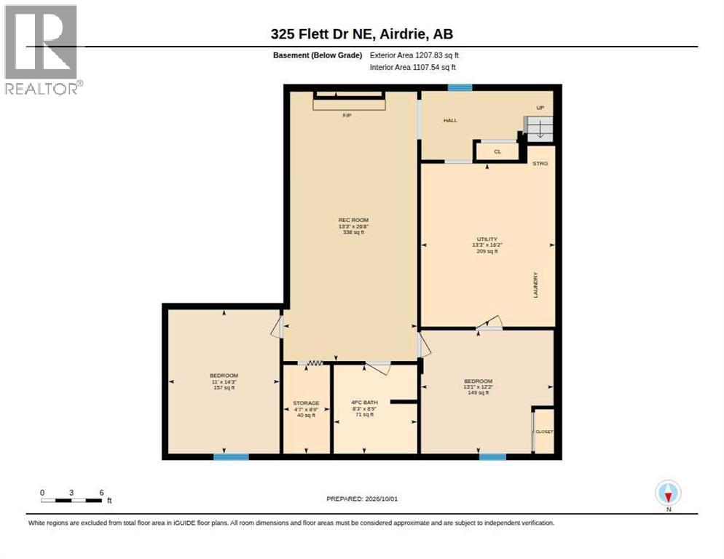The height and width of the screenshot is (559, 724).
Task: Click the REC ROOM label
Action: [x=353, y=221]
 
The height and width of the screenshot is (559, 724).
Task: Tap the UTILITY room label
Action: [x=487, y=239]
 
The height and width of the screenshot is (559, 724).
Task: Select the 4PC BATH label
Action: [x=364, y=403]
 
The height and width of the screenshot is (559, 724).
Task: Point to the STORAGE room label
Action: [x=306, y=403]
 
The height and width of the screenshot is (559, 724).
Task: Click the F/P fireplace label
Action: [x=347, y=116]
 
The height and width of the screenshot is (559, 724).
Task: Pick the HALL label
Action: [x=450, y=121]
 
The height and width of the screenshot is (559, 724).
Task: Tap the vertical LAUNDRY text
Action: [x=535, y=285]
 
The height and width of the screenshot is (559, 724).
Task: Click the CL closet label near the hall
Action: [x=497, y=151]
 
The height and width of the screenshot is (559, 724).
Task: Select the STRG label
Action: [x=540, y=164]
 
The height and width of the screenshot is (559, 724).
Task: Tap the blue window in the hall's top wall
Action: [x=460, y=87]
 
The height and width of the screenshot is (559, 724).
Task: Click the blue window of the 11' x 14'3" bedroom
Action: [x=232, y=457]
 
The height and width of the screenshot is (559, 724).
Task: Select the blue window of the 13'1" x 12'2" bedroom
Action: [x=492, y=457]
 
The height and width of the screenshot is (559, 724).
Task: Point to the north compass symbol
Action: [x=668, y=493]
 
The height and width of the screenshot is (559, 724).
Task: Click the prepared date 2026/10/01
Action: [x=382, y=499]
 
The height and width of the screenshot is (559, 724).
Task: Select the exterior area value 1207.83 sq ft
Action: [x=437, y=55]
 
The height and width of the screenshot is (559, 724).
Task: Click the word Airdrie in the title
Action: [x=404, y=34]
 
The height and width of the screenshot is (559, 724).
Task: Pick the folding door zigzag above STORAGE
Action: [x=315, y=363]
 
